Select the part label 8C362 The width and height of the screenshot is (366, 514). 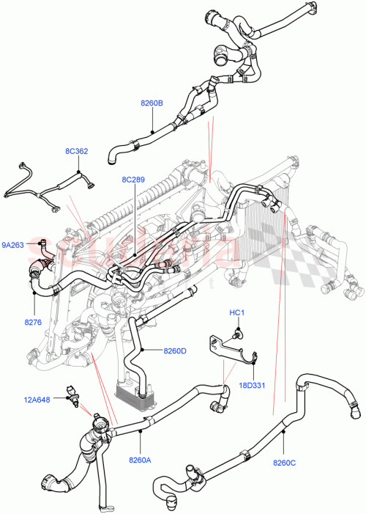click(76, 152)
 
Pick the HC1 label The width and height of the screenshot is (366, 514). click(236, 313)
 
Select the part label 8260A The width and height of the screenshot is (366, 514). click(140, 460)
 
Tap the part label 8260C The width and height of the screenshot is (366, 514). click(284, 462)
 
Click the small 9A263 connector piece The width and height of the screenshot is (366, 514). click(43, 246)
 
